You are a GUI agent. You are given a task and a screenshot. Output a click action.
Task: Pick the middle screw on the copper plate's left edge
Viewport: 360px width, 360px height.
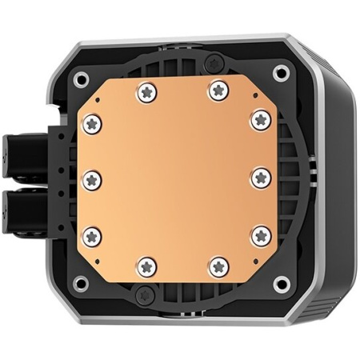click(x=91, y=177)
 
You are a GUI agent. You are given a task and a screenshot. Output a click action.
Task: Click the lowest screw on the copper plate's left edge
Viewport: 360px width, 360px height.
click(x=91, y=235)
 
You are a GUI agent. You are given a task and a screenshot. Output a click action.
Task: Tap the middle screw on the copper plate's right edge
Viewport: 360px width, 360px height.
click(x=259, y=177)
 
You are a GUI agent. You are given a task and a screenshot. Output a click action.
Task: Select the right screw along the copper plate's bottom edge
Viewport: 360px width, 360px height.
click(x=215, y=264)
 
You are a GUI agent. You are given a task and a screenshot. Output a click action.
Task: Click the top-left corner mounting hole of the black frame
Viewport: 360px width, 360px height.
click(x=82, y=79)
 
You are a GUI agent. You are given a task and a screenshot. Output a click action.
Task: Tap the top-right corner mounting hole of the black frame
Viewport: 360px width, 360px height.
click(x=279, y=74)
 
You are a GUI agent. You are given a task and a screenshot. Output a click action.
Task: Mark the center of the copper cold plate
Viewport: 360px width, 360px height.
click(x=175, y=178)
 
